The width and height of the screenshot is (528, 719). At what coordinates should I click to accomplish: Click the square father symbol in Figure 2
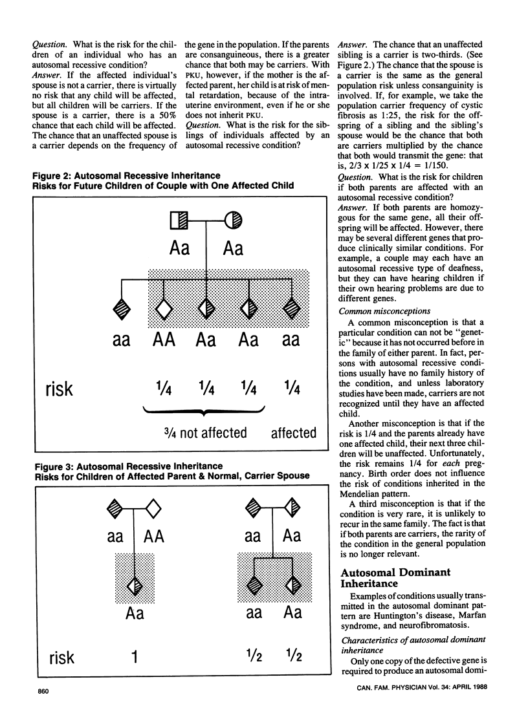pos(179,221)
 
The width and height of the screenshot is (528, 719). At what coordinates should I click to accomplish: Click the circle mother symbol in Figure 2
pos(234,221)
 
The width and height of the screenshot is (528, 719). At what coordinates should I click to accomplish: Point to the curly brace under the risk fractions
pos(204,412)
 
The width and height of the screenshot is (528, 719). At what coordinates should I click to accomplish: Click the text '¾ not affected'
pos(205,433)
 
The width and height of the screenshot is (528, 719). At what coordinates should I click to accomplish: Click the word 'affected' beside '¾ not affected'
pos(293,433)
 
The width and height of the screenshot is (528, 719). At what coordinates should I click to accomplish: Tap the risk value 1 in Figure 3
pos(135,657)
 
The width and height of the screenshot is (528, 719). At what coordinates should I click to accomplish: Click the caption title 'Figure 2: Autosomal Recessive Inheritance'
pos(127,176)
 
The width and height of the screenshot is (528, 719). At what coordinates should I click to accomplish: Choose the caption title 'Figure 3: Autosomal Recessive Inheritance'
pos(127,466)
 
